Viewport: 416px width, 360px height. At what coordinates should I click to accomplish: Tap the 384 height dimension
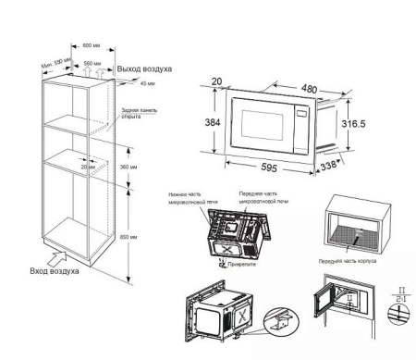click(x=213, y=122)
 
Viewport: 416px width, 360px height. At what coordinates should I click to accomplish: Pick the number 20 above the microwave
click(x=215, y=81)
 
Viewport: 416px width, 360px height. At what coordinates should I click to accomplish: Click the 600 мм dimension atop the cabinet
click(x=90, y=45)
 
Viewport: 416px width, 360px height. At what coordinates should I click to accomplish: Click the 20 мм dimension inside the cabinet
click(x=89, y=168)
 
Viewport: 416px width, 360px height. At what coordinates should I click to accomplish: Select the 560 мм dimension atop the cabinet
click(x=92, y=65)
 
